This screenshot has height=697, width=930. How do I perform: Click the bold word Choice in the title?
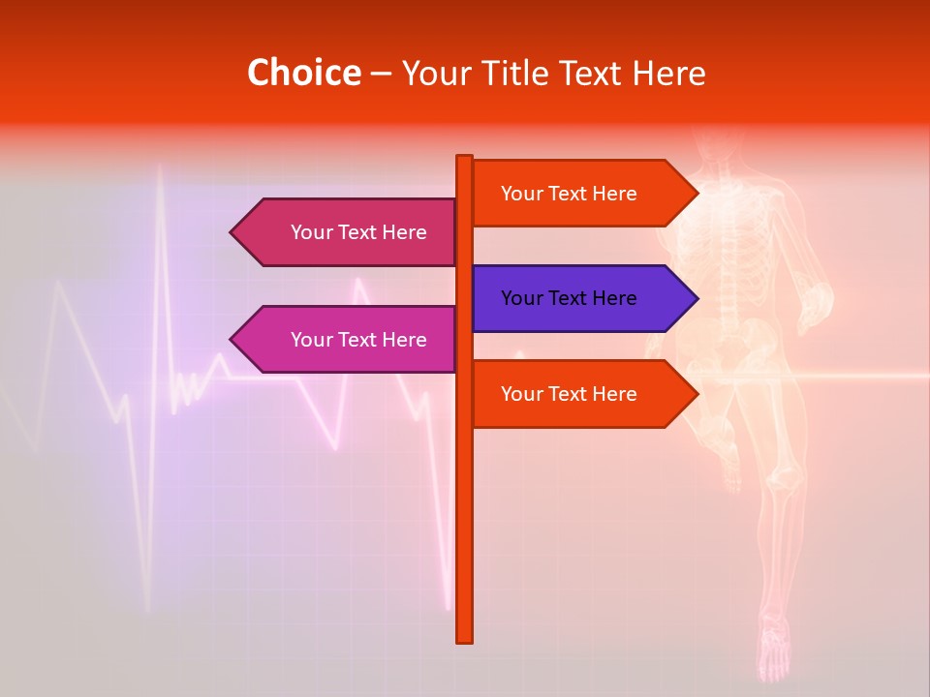303,74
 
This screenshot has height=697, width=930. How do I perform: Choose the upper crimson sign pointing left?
344,232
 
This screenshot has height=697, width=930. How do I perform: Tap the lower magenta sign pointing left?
344,340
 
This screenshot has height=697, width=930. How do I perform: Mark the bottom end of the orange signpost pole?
465,638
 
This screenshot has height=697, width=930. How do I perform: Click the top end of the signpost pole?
465,159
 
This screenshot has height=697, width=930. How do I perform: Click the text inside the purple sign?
569,298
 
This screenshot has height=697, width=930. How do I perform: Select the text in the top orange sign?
569,194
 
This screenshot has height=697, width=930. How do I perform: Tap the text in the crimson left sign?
358,232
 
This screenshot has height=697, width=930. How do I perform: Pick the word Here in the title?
669,74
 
